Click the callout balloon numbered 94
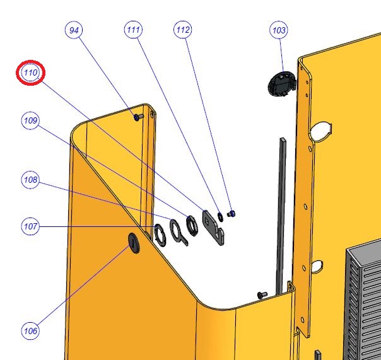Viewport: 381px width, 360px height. tap(74, 30)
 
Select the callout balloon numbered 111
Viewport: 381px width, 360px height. tap(133, 30)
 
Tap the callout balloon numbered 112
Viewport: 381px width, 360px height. tap(183, 30)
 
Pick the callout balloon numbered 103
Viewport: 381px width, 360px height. tap(279, 30)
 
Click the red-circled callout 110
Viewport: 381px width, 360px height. tap(31, 73)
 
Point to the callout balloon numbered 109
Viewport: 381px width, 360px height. tap(30, 120)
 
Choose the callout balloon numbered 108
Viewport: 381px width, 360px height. tap(30, 180)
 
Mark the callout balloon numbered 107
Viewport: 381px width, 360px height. tap(30, 226)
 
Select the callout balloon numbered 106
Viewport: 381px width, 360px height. tap(30, 330)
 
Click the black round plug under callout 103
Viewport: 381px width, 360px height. tap(282, 84)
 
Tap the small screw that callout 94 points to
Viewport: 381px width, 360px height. tap(139, 117)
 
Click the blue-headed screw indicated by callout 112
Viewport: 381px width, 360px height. tap(231, 214)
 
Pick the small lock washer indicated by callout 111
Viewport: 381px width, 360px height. tap(220, 217)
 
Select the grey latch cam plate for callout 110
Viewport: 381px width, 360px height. tap(213, 228)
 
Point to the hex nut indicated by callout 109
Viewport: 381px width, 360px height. tap(192, 226)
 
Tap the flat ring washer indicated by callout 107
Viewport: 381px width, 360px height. tap(160, 235)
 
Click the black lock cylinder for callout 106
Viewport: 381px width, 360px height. tap(134, 243)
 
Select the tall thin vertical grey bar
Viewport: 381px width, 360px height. tap(281, 215)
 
